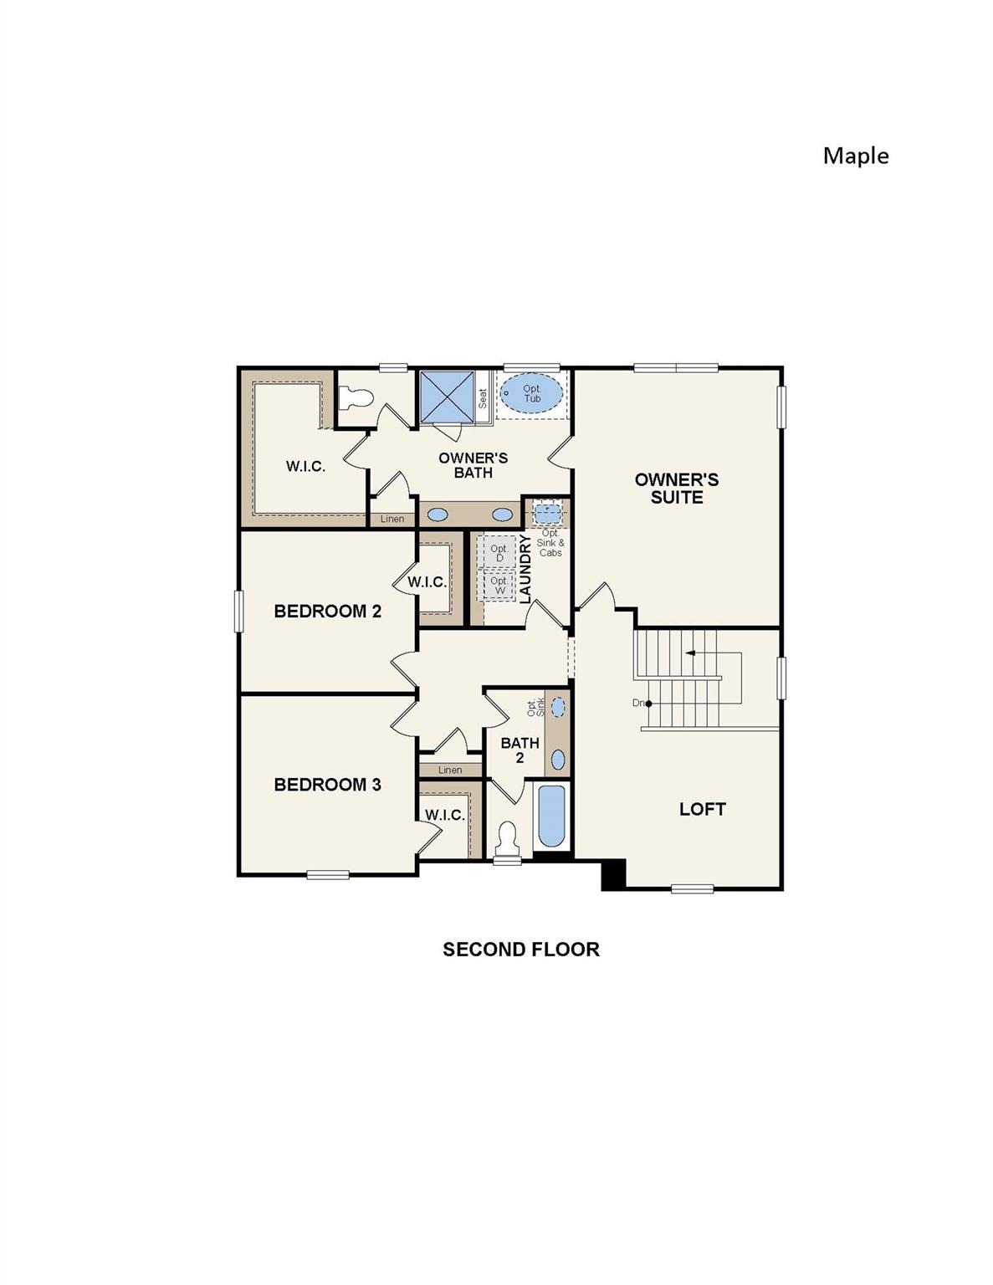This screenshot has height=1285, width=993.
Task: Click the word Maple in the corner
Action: tap(855, 156)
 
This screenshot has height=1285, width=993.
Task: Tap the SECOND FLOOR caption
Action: tap(520, 950)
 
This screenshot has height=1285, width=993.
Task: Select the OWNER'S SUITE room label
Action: tap(676, 488)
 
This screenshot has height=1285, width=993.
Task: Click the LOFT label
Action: tap(702, 809)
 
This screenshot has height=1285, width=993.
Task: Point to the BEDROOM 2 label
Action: tap(327, 612)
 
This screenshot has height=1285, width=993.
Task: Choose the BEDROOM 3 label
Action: tap(327, 785)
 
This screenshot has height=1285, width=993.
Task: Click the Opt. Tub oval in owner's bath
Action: tap(532, 394)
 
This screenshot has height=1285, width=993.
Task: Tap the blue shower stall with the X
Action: tap(447, 397)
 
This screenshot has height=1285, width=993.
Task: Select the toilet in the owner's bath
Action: tap(356, 397)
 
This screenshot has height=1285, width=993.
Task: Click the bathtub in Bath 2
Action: tap(551, 816)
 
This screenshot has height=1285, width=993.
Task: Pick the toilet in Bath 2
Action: tap(507, 837)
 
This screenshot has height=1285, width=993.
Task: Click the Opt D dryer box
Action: tap(499, 553)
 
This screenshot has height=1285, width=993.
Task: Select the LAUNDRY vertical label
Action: tap(525, 569)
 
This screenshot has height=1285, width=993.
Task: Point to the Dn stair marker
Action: tap(642, 704)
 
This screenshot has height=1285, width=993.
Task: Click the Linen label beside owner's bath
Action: tap(392, 520)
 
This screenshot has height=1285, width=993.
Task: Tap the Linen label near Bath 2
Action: tap(449, 770)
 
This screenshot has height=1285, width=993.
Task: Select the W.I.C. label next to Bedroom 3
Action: tap(443, 815)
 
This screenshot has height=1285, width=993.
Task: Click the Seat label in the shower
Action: tap(483, 398)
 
